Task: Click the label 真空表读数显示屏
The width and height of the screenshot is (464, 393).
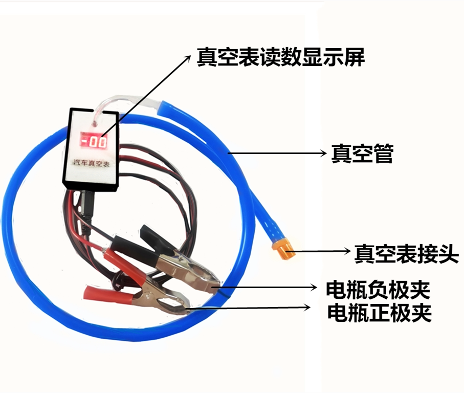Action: [x=281, y=57]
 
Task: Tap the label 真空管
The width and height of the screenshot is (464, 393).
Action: [x=362, y=152]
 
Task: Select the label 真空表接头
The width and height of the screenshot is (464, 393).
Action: [x=406, y=253]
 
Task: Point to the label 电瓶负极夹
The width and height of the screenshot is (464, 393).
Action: [x=378, y=290]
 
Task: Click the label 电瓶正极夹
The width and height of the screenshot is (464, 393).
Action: [x=379, y=312]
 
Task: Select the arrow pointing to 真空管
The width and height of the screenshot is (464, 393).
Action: [x=276, y=152]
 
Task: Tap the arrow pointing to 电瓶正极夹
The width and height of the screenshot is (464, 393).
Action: [x=251, y=308]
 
